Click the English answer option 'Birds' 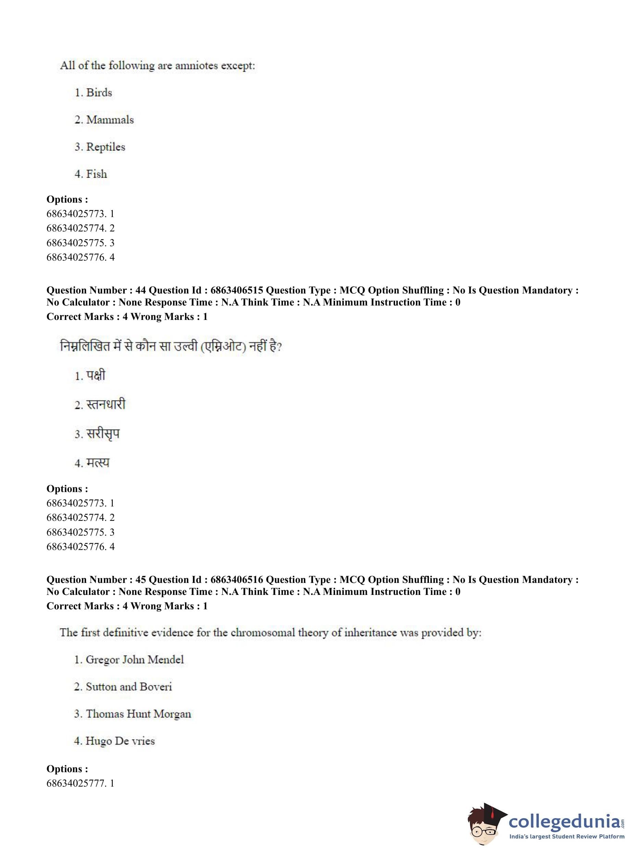pyautogui.click(x=99, y=93)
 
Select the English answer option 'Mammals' pyautogui.click(x=110, y=120)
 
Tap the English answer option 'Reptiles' pyautogui.click(x=106, y=147)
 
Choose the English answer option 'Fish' pyautogui.click(x=96, y=174)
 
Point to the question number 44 pyautogui.click(x=140, y=290)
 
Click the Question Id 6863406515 pyautogui.click(x=236, y=290)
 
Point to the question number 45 pyautogui.click(x=140, y=579)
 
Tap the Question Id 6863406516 pyautogui.click(x=236, y=579)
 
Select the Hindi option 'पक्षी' pyautogui.click(x=96, y=376)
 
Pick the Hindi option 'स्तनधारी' pyautogui.click(x=106, y=405)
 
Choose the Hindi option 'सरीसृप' pyautogui.click(x=103, y=434)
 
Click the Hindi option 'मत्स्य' pyautogui.click(x=98, y=463)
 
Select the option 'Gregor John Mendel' pyautogui.click(x=134, y=660)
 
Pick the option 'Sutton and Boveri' pyautogui.click(x=129, y=687)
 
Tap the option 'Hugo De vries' pyautogui.click(x=120, y=741)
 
